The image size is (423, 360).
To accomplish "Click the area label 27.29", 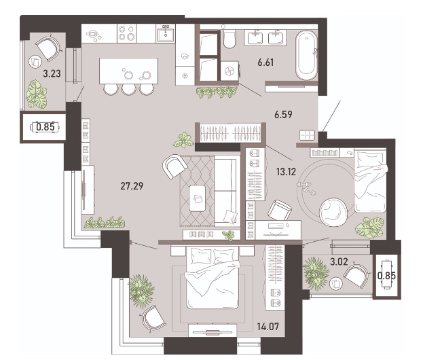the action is (x=132, y=186).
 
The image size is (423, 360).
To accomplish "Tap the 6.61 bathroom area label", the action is (x=265, y=62).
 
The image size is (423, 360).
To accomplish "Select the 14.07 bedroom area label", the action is (x=268, y=327).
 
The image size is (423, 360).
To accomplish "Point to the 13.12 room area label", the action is (x=287, y=171).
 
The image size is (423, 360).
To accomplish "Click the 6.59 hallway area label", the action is (x=283, y=114).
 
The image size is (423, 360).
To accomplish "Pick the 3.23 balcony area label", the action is (x=52, y=73).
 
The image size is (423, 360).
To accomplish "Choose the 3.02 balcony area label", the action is (x=339, y=262).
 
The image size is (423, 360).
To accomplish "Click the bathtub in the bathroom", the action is (x=306, y=55).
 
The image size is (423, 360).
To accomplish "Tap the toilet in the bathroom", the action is (x=229, y=39).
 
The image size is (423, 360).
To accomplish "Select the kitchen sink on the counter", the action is (x=166, y=33).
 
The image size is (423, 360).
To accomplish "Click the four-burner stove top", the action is (x=127, y=33).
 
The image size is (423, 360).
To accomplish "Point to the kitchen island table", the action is (x=128, y=71).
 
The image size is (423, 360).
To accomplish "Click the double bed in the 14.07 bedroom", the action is (x=213, y=278).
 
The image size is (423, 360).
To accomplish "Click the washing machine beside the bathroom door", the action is (x=230, y=71).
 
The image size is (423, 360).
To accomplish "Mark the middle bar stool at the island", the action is (x=129, y=90).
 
